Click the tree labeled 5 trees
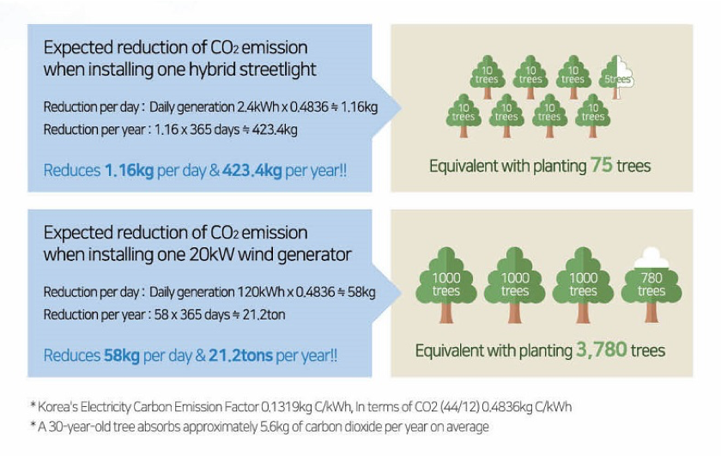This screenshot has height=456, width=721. coord(616,76)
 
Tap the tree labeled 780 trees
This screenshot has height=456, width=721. coord(651,284)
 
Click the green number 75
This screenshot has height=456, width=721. coord(602,165)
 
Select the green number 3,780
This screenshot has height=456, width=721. coord(601,350)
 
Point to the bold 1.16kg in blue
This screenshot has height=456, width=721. coord(130,170)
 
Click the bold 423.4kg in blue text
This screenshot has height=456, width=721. coord(252,170)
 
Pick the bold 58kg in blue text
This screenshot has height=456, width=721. coord(122,356)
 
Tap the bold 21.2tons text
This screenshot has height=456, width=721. coord(240,356)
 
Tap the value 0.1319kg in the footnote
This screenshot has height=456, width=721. coord(287,407)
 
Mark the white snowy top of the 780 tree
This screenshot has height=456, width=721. coord(651,258)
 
